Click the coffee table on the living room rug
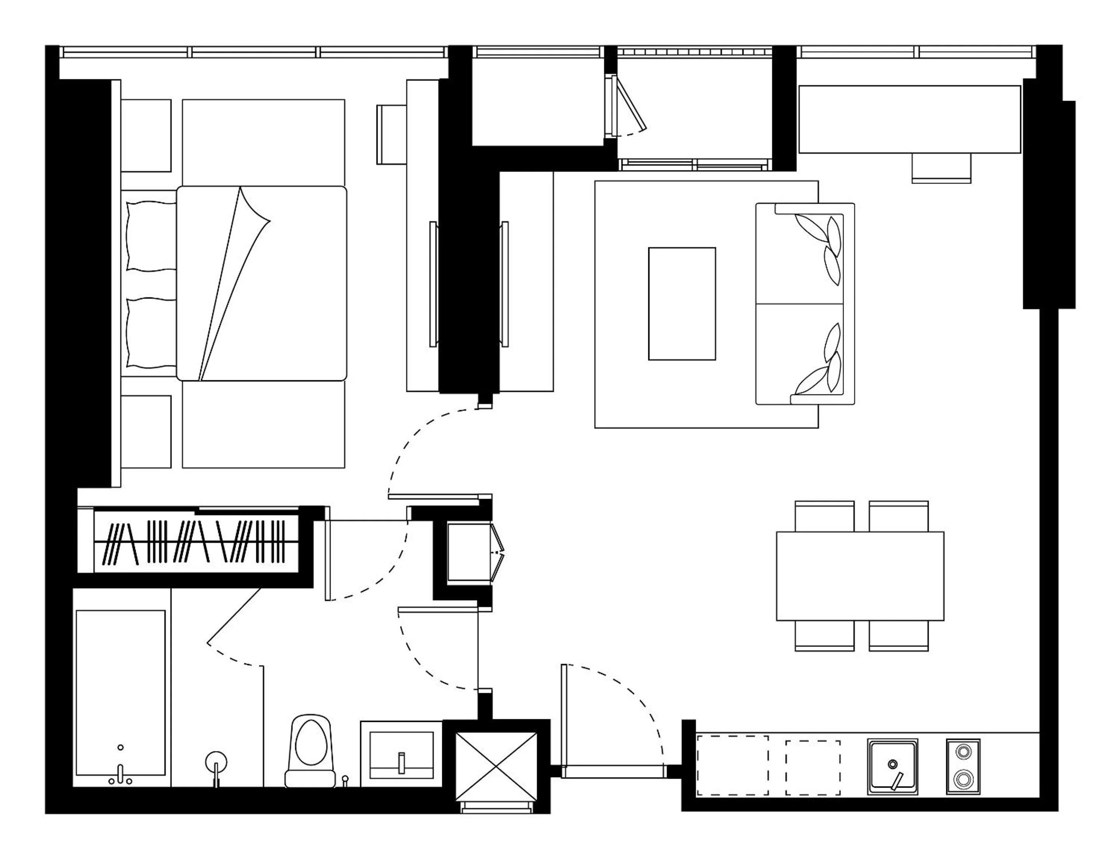pos(681,304)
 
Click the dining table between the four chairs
pos(859,576)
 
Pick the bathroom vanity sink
pos(401,755)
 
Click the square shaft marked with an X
pos(496,765)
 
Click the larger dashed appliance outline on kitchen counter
pos(732,765)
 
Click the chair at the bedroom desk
pos(391,134)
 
